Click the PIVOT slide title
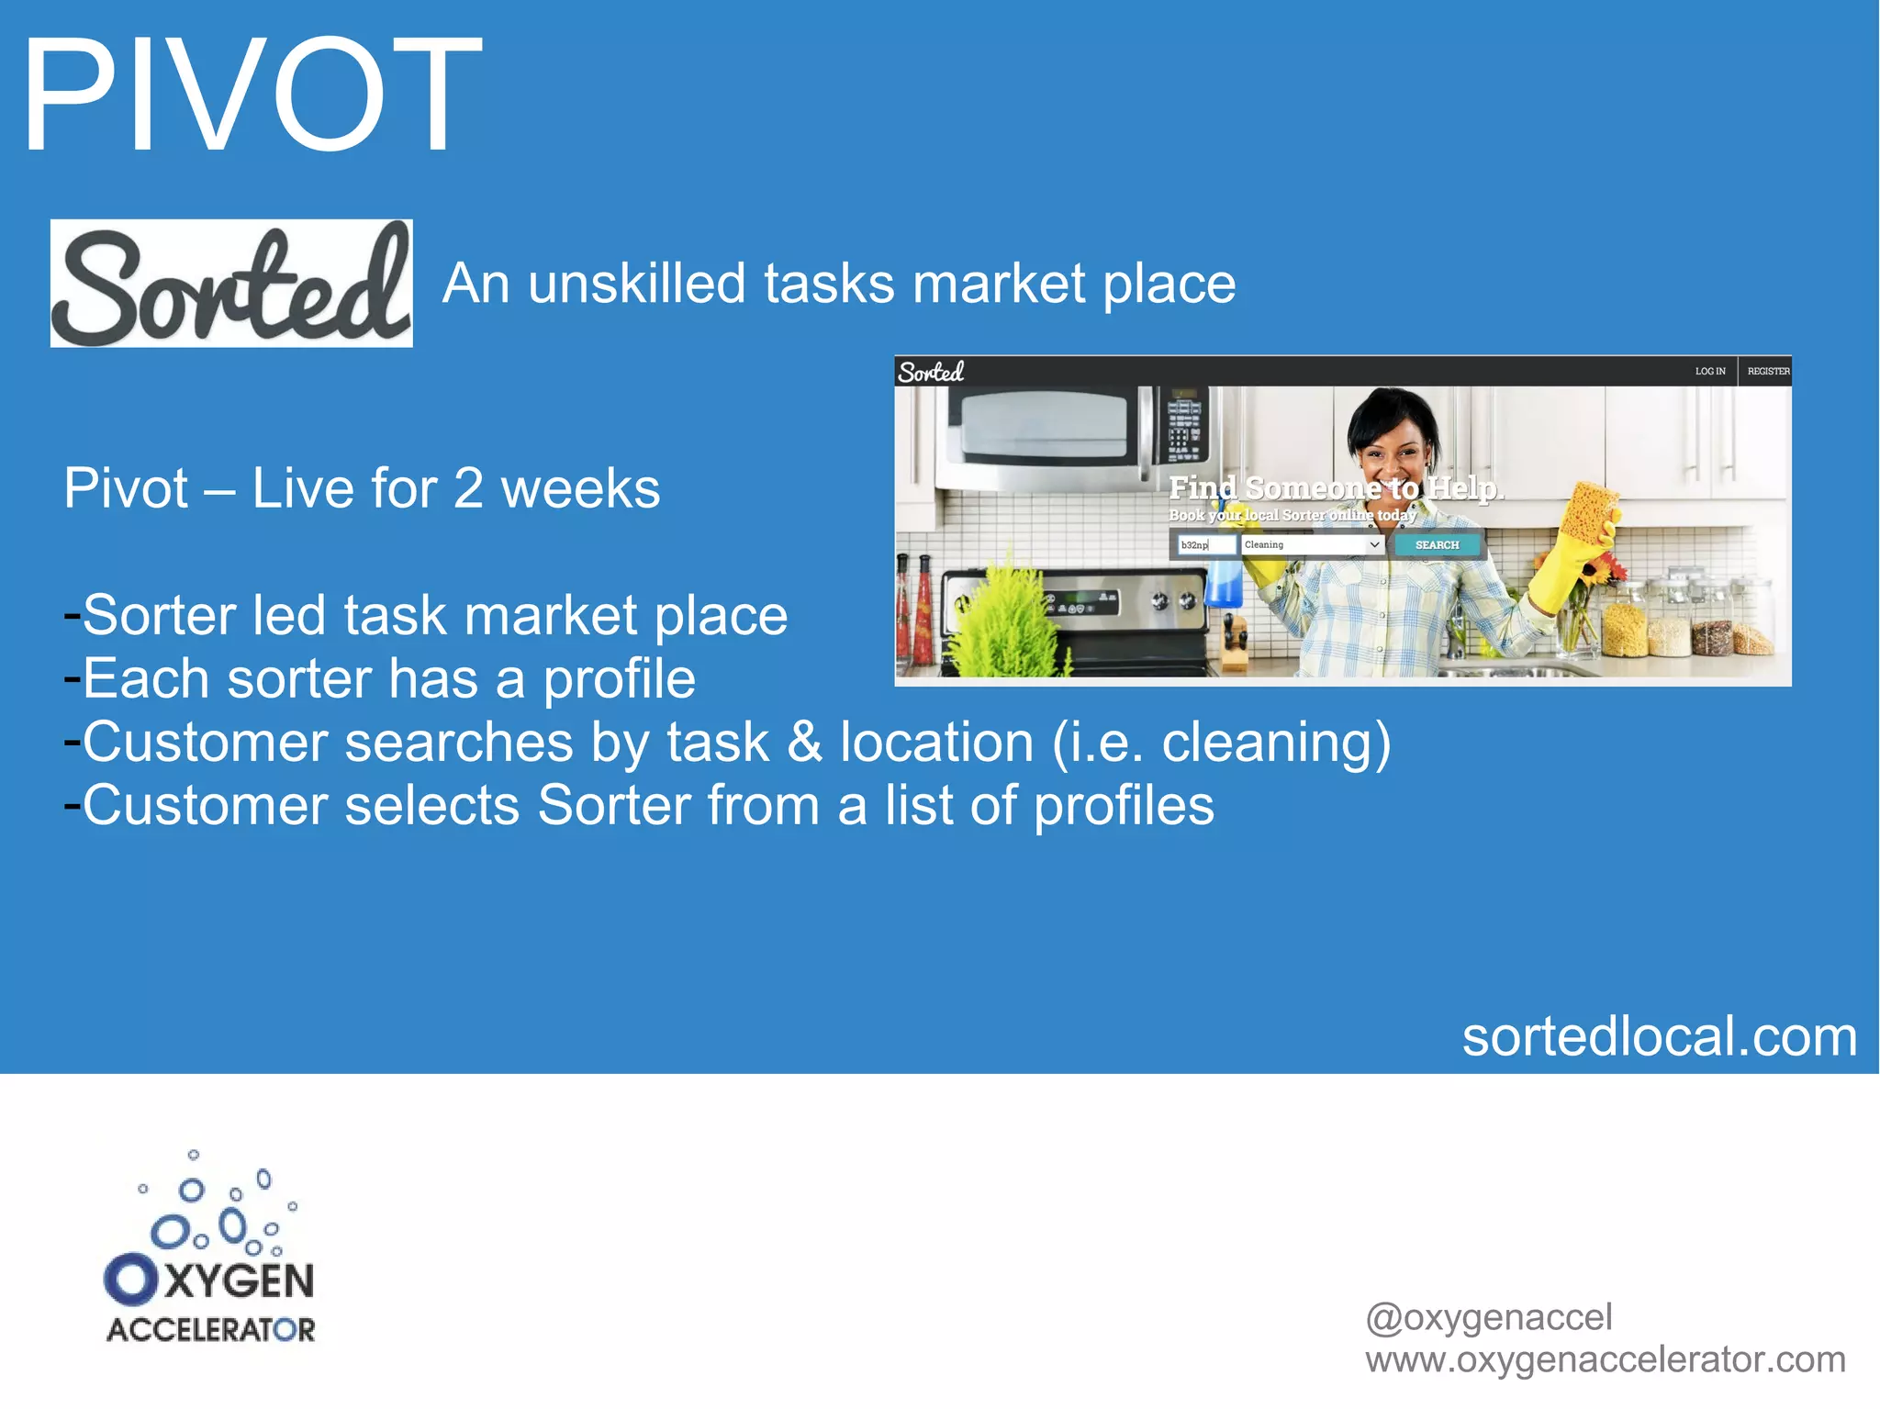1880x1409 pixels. pos(251,95)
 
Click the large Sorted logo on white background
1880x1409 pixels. pos(231,284)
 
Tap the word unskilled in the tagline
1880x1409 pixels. pos(634,284)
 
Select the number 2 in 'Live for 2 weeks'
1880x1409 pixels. pos(468,488)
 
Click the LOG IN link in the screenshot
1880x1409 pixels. pos(1709,372)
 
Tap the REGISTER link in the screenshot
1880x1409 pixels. pos(1768,372)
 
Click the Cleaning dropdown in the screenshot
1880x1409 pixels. pos(1312,545)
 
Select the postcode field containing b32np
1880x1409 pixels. pos(1206,545)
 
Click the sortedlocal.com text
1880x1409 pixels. pos(1659,1037)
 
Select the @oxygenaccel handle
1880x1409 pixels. pos(1488,1317)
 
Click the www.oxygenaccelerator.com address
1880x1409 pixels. pos(1605,1359)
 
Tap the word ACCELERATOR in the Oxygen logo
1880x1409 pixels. pos(211,1330)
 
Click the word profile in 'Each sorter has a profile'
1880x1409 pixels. pos(619,679)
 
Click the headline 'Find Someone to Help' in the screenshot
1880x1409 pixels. pos(1335,488)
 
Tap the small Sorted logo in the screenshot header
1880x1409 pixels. pos(931,372)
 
